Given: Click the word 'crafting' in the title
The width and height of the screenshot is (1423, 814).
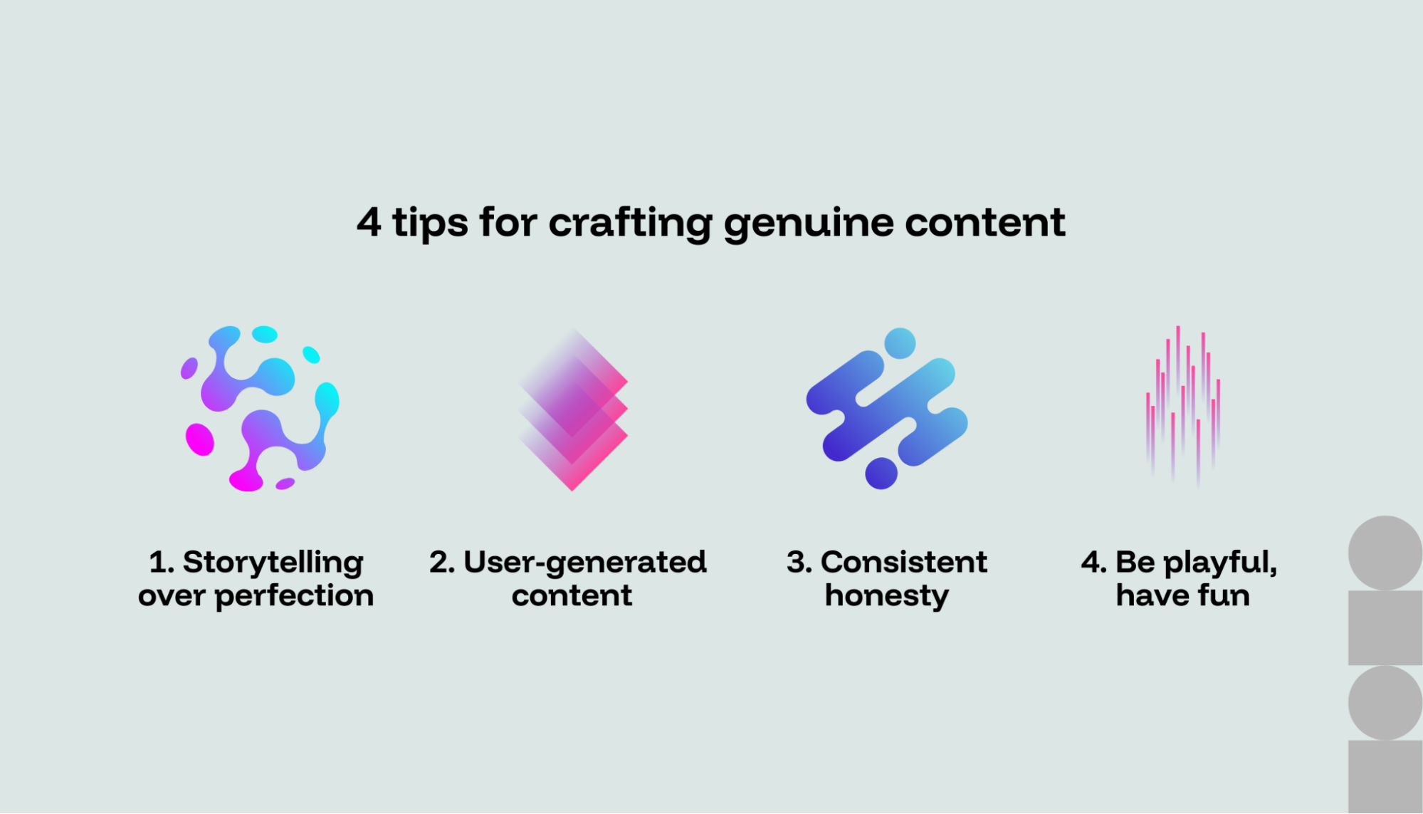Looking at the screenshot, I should point(629,223).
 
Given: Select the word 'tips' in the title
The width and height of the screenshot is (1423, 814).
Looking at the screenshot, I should point(430,223).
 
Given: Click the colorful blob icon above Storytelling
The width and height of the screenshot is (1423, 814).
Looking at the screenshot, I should point(260,409).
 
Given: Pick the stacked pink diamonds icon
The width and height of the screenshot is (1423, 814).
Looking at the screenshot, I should point(573,410).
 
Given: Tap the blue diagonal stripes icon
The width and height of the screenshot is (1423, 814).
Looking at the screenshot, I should point(887,410).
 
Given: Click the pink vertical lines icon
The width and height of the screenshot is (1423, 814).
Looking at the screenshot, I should point(1182,406).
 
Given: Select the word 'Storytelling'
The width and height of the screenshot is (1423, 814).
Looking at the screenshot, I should point(273,563).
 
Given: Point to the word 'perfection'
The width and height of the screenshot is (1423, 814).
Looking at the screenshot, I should point(294,596).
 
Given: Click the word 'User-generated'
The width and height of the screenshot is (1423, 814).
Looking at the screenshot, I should point(584,563).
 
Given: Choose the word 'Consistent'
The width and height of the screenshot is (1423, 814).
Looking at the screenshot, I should point(903,563).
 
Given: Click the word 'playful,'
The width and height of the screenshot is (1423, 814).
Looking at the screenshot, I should point(1220,563).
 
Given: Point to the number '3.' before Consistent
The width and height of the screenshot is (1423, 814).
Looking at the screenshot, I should point(799,563).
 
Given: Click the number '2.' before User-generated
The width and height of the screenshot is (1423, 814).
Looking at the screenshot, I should point(441,563).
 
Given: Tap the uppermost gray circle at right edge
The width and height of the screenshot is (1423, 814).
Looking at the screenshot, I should point(1385,553).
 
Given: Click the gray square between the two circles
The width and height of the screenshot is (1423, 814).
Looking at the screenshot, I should point(1385,627).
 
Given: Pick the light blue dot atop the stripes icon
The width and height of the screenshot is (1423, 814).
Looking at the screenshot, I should point(900,343).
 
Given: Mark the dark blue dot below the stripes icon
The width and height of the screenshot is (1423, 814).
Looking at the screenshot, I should point(881,474).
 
